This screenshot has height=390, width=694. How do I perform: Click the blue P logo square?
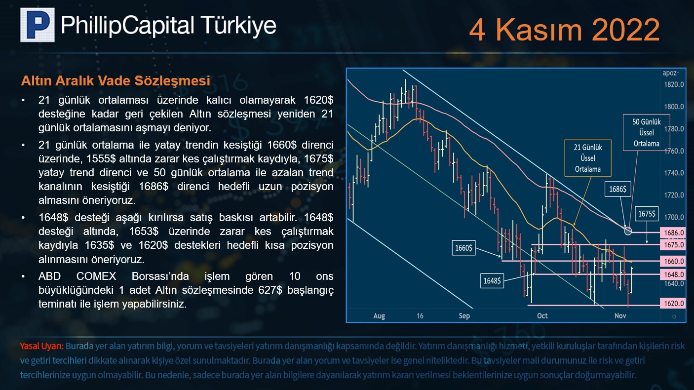(x=37, y=25)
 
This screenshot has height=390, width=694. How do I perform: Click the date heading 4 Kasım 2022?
(x=564, y=30)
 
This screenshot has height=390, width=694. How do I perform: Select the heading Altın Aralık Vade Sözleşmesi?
(x=116, y=80)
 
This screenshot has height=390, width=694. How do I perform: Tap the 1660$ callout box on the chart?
(x=463, y=248)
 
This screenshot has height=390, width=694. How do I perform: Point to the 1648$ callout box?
(x=492, y=280)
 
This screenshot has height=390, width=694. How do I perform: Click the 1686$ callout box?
(x=617, y=189)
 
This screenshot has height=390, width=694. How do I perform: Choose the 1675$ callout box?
(x=647, y=213)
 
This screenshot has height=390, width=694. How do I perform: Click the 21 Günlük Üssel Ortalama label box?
(x=588, y=158)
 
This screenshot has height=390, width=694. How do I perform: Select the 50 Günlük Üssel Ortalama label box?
(x=646, y=133)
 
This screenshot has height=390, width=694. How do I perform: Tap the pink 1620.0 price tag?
(x=673, y=303)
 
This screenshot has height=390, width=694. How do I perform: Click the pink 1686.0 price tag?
(x=673, y=233)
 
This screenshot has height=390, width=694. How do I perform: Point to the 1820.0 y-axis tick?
(x=674, y=84)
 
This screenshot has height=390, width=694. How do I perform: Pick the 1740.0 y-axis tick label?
(x=674, y=173)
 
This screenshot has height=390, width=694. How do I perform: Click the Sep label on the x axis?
(x=464, y=315)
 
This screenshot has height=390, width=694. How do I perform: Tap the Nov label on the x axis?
(x=620, y=315)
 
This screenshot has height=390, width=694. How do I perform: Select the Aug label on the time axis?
(x=379, y=316)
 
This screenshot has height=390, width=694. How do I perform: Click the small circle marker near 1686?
(x=628, y=231)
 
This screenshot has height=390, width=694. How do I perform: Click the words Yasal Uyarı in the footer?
(x=42, y=346)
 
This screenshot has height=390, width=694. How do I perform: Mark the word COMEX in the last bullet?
(x=96, y=276)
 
